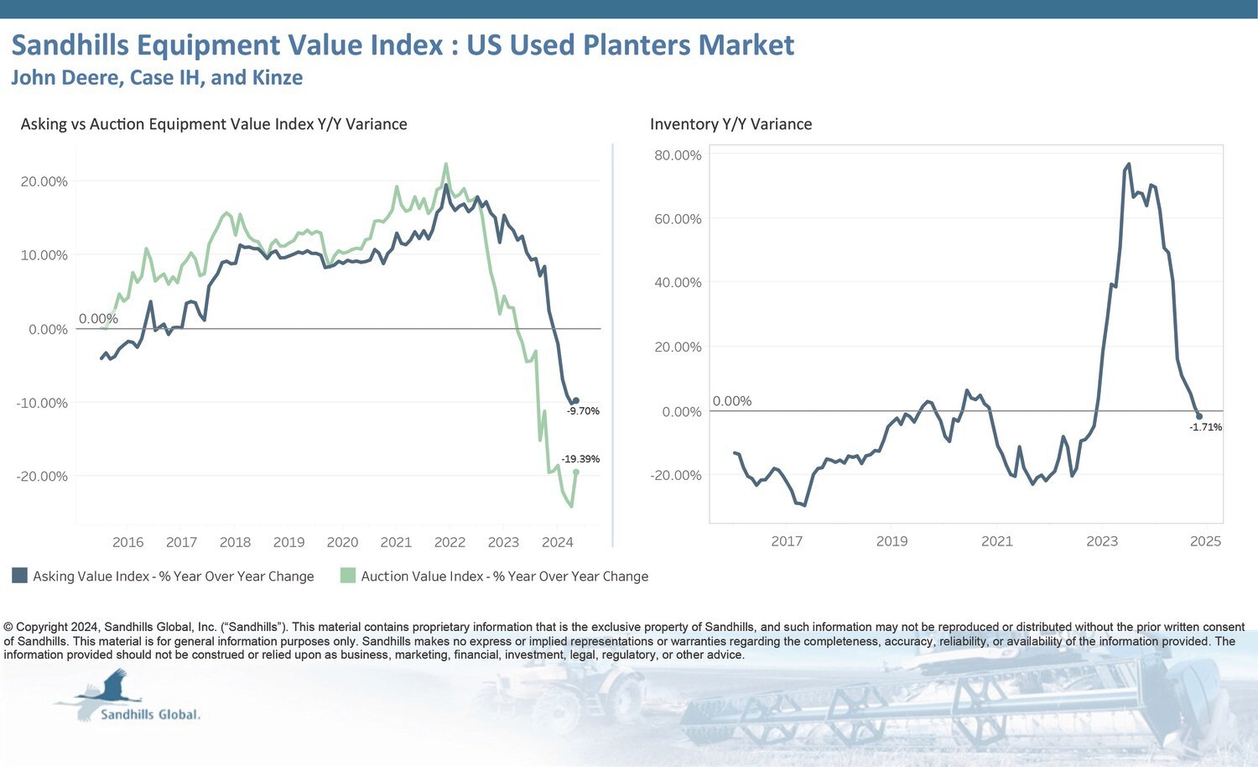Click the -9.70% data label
583,411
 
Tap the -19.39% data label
580,459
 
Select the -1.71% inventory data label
1205,427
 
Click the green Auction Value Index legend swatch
347,576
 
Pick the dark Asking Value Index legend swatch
19,576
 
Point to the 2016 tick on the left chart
127,542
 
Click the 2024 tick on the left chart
557,542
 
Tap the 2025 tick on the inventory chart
1205,541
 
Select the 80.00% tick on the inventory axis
678,155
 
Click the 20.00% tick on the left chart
44,181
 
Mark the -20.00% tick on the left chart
42,476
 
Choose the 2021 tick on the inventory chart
996,541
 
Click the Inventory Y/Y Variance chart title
730,124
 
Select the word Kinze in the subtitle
278,77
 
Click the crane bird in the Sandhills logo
109,690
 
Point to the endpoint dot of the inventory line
1199,416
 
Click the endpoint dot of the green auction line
576,472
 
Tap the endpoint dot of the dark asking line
575,400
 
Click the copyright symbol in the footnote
8,627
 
